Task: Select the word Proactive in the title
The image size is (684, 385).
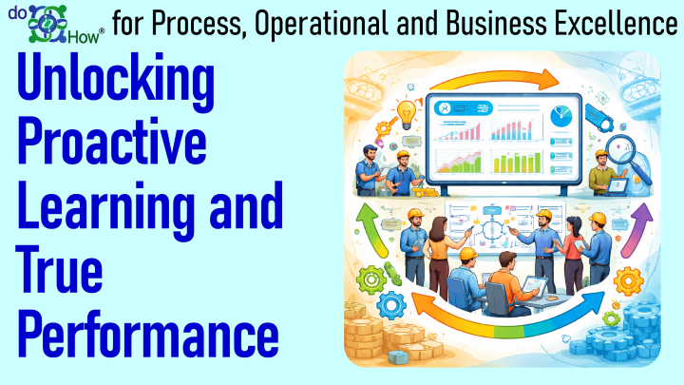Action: (112, 141)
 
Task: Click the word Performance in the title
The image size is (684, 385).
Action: (148, 334)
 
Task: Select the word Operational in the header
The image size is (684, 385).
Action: (322, 24)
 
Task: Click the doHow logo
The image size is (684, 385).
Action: (56, 24)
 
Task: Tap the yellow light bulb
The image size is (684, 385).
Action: (406, 114)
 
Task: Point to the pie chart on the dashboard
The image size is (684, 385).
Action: (561, 117)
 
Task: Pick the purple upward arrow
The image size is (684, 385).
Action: (636, 230)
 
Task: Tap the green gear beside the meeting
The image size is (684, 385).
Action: (371, 279)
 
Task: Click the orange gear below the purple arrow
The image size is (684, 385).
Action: (628, 281)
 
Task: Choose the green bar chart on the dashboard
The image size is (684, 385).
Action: (517, 163)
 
